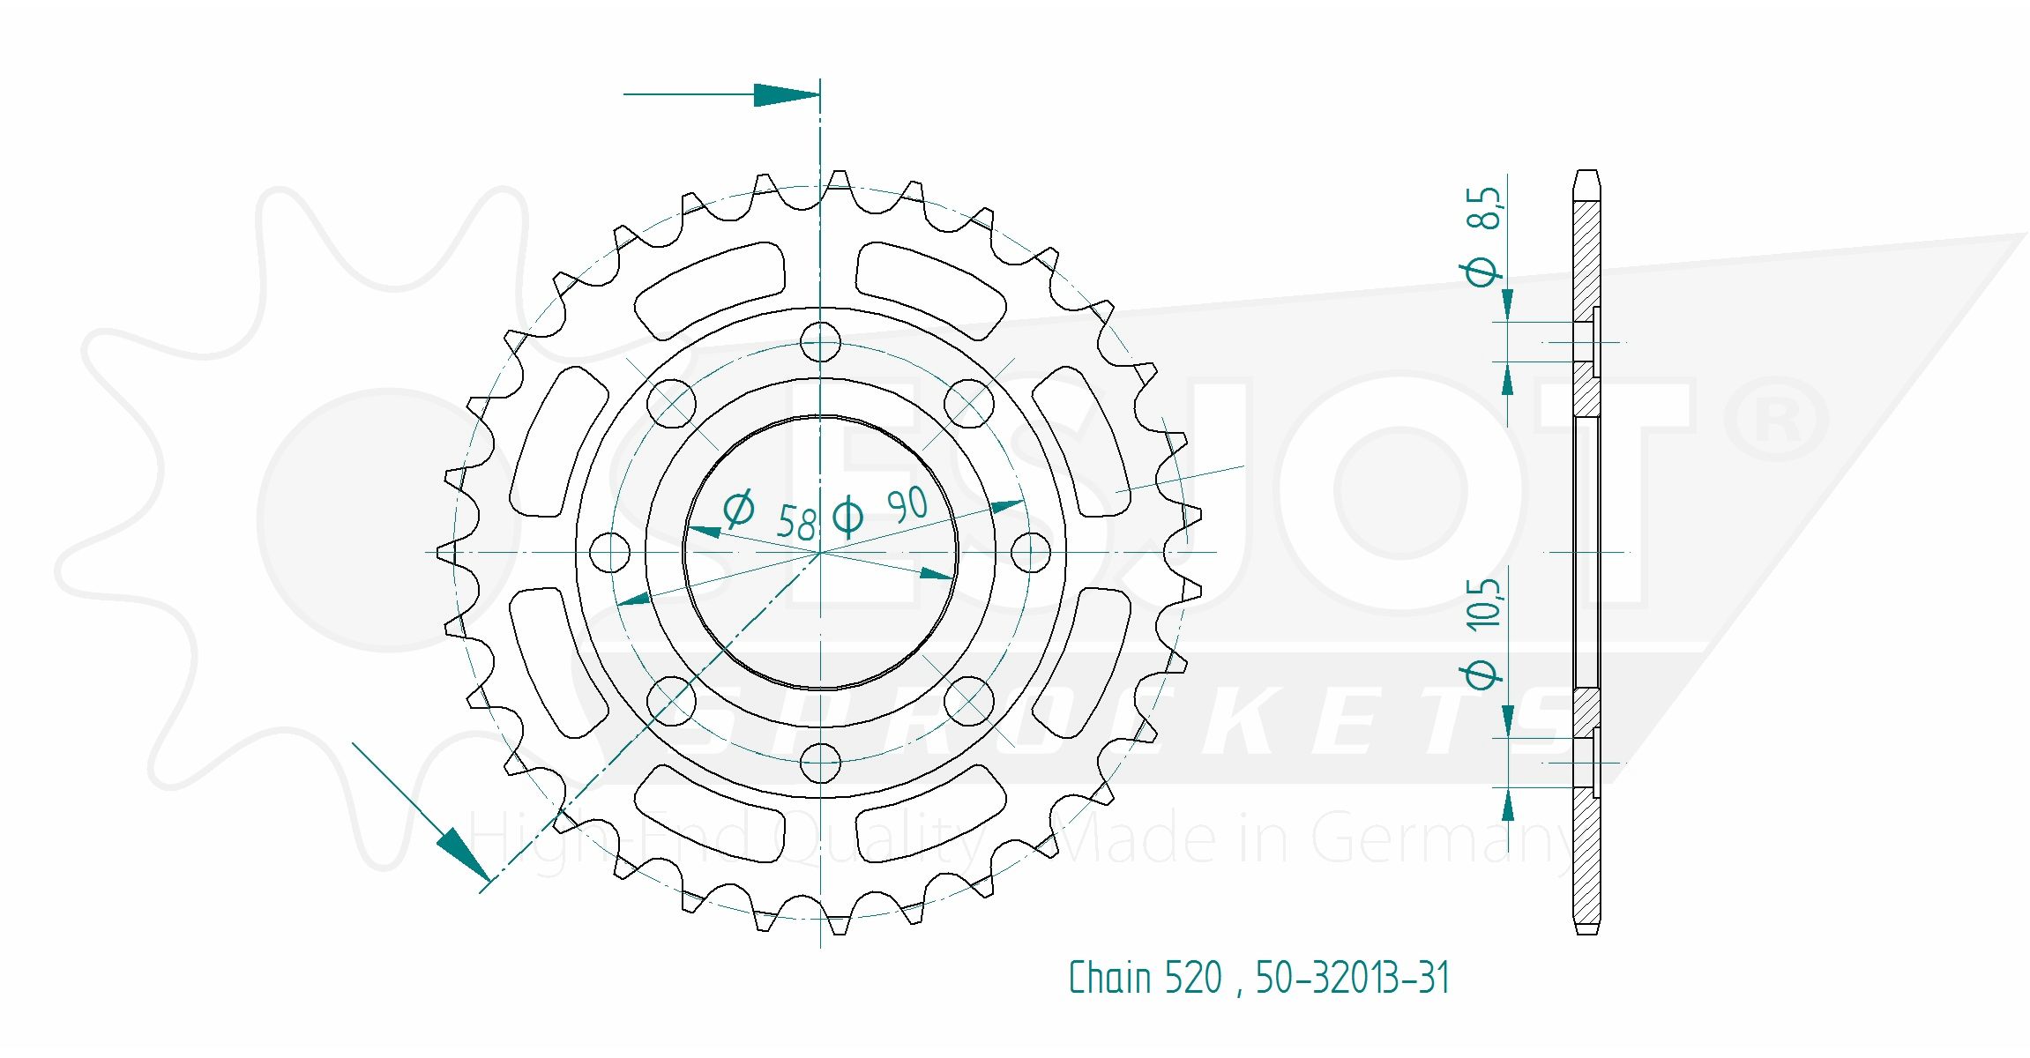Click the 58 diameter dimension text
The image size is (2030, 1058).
coord(795,523)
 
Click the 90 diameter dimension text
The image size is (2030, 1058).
coord(907,505)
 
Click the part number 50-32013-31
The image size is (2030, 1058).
coord(1353,978)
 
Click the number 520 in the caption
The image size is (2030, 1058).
coord(1193,978)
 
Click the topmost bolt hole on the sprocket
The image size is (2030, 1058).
coord(820,342)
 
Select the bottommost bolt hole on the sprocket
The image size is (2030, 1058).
coord(820,763)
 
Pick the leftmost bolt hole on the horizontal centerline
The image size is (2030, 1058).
coord(609,553)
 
